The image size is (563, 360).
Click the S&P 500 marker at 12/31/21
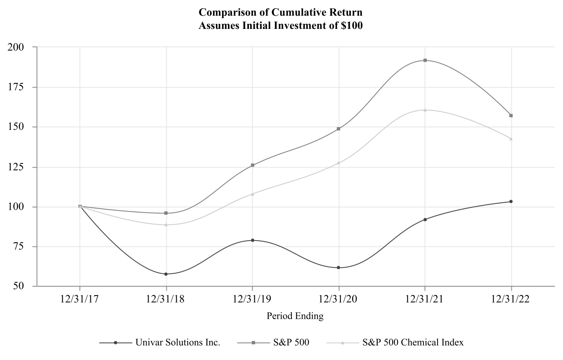[x=425, y=60]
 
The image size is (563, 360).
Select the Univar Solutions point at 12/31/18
[x=166, y=274]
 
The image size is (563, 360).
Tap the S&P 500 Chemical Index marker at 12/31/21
[x=425, y=110]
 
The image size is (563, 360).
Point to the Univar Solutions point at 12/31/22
[x=511, y=201]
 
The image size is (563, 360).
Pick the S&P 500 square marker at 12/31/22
[x=511, y=116]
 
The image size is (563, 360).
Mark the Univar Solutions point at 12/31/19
[x=253, y=240]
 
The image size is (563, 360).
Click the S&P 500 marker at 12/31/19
[x=253, y=165]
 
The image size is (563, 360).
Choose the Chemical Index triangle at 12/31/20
[x=339, y=163]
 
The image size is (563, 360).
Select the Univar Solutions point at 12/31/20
[x=339, y=268]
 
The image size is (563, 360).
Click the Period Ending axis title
[x=295, y=317]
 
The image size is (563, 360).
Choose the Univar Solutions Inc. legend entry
[x=178, y=343]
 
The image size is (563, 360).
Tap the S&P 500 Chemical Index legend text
[x=413, y=343]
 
